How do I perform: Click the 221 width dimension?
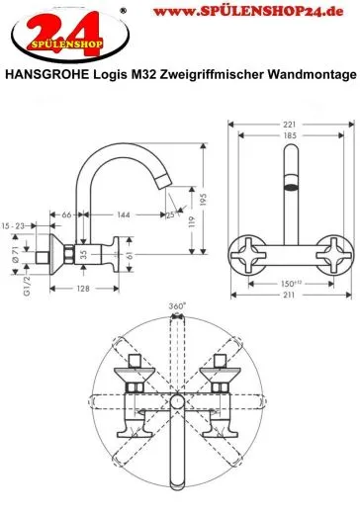coord(290,125)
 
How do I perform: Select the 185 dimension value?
coord(290,135)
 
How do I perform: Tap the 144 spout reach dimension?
coord(124,214)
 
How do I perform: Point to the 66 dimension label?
coord(66,214)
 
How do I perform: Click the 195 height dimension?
coord(203,200)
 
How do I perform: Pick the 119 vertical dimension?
coord(192,221)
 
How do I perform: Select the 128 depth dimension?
coord(83,289)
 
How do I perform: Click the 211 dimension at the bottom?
coord(289,295)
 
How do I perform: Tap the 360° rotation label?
coord(177,306)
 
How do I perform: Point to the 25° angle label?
coord(171,215)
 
